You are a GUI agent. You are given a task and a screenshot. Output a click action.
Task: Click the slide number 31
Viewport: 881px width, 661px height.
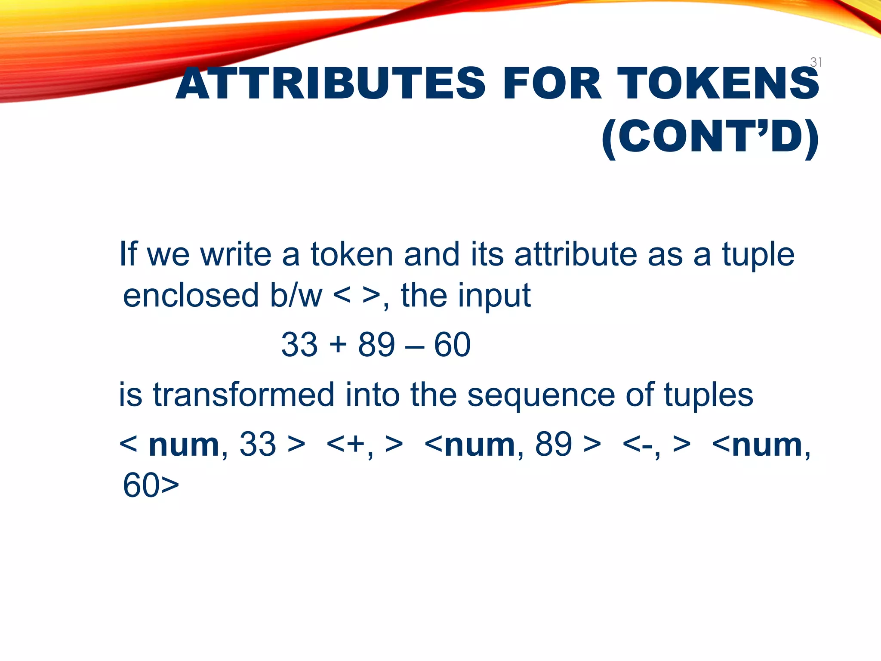tap(816, 62)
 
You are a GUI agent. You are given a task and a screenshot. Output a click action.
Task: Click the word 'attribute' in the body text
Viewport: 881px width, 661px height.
tap(575, 254)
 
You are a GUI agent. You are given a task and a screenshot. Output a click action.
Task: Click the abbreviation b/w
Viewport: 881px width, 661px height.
tap(296, 296)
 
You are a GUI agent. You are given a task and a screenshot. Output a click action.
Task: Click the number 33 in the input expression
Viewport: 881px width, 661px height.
tap(299, 345)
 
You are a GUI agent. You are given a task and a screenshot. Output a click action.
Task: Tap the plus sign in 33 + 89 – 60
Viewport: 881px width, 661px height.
tap(338, 346)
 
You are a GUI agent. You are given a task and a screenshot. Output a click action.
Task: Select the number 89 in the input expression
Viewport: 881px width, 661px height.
tap(376, 345)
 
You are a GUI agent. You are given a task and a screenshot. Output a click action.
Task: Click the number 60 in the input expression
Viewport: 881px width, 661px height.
tap(452, 345)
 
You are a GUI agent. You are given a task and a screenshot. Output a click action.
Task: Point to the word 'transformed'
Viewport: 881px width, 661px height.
tap(243, 395)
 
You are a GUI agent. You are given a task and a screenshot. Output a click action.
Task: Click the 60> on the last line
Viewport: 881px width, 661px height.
tap(151, 485)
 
